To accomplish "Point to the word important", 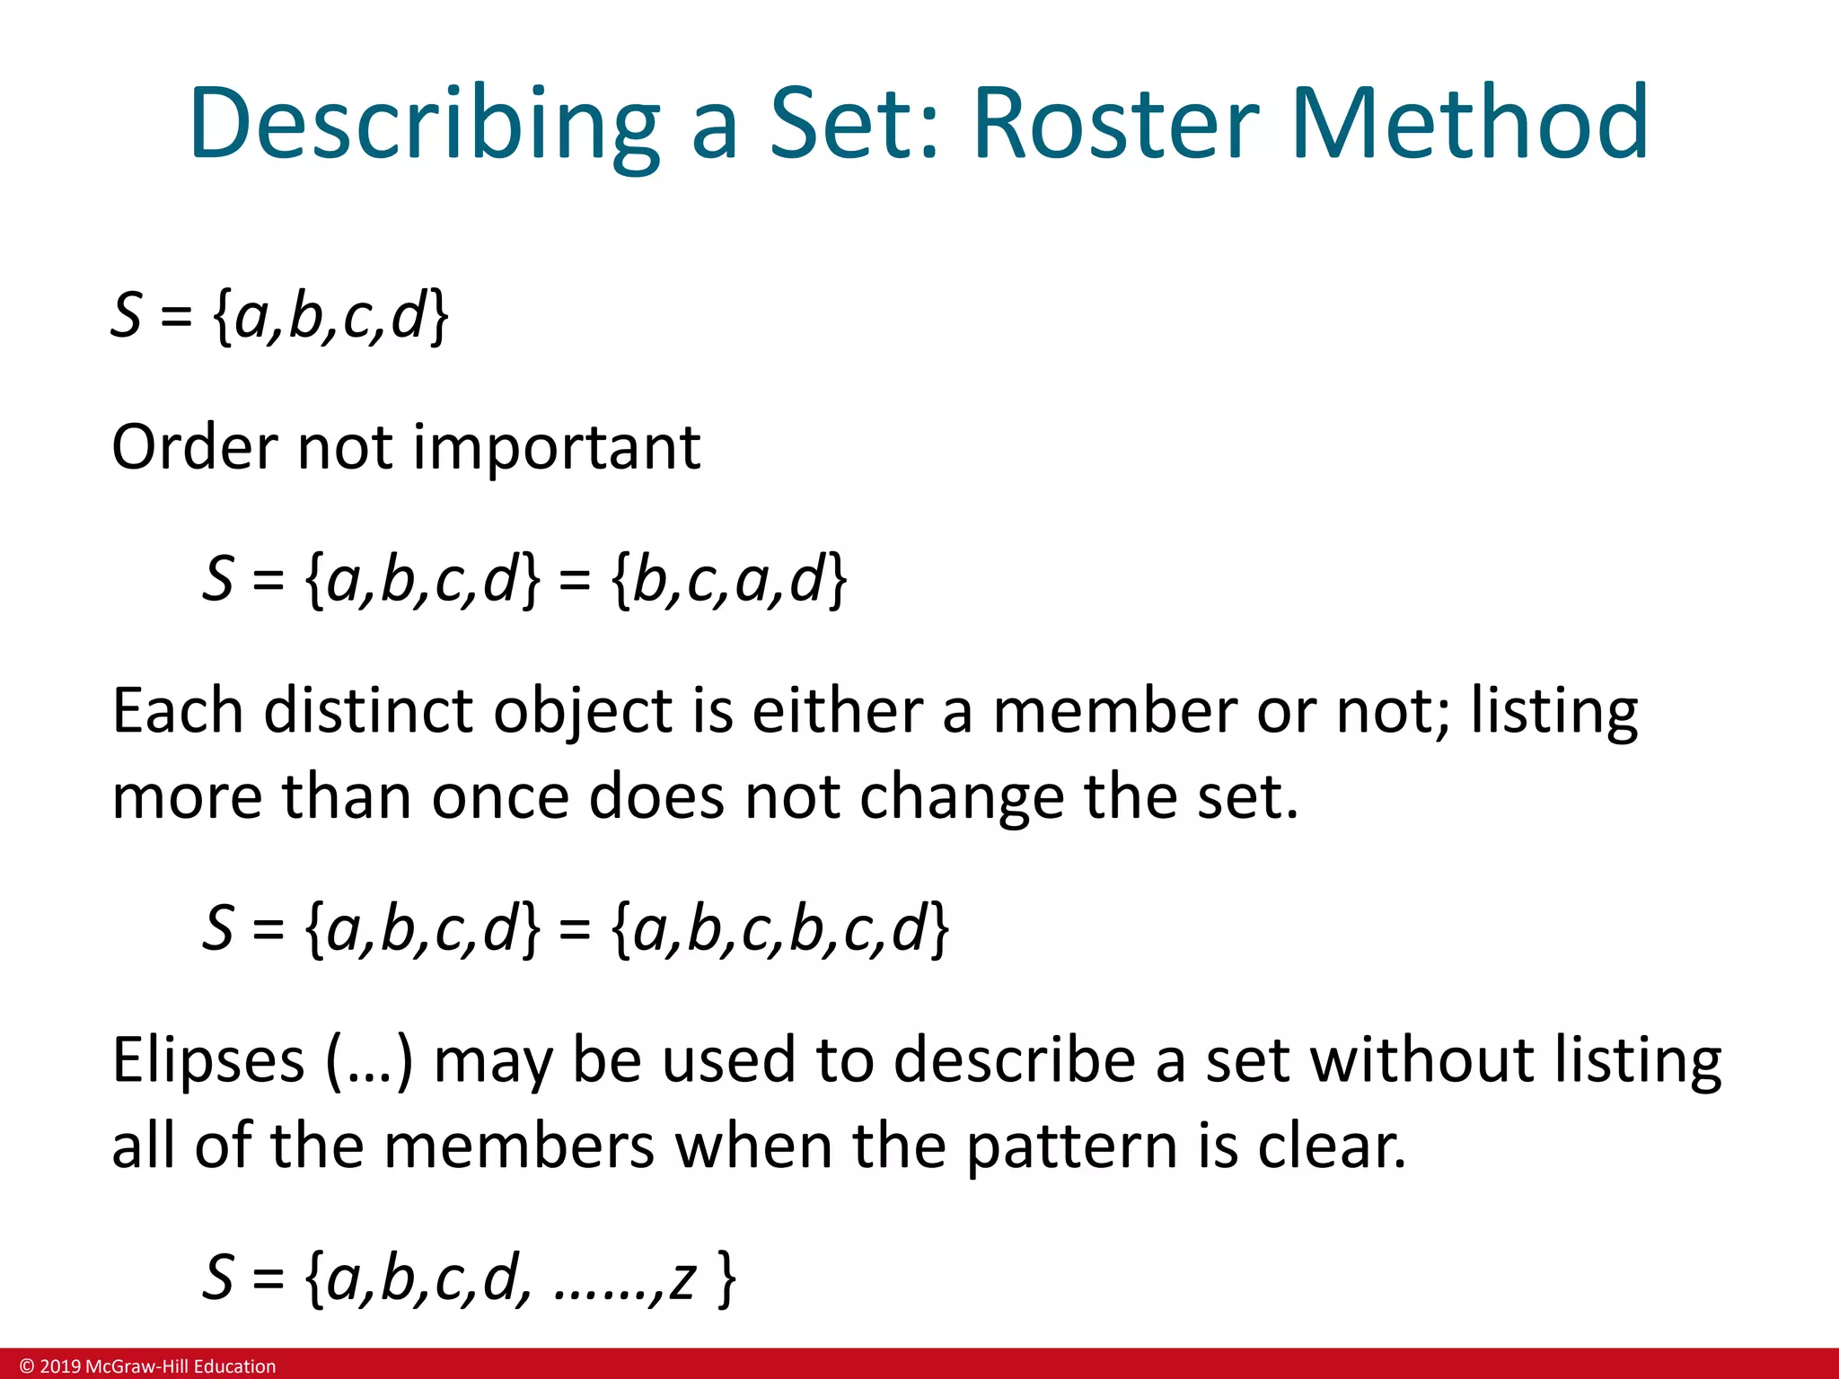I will pos(557,449).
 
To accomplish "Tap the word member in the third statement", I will pos(1114,711).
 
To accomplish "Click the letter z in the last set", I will pos(682,1278).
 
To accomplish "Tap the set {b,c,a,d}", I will pos(728,580).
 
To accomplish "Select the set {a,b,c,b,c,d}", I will pos(779,928).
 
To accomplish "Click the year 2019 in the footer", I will pos(60,1366).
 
